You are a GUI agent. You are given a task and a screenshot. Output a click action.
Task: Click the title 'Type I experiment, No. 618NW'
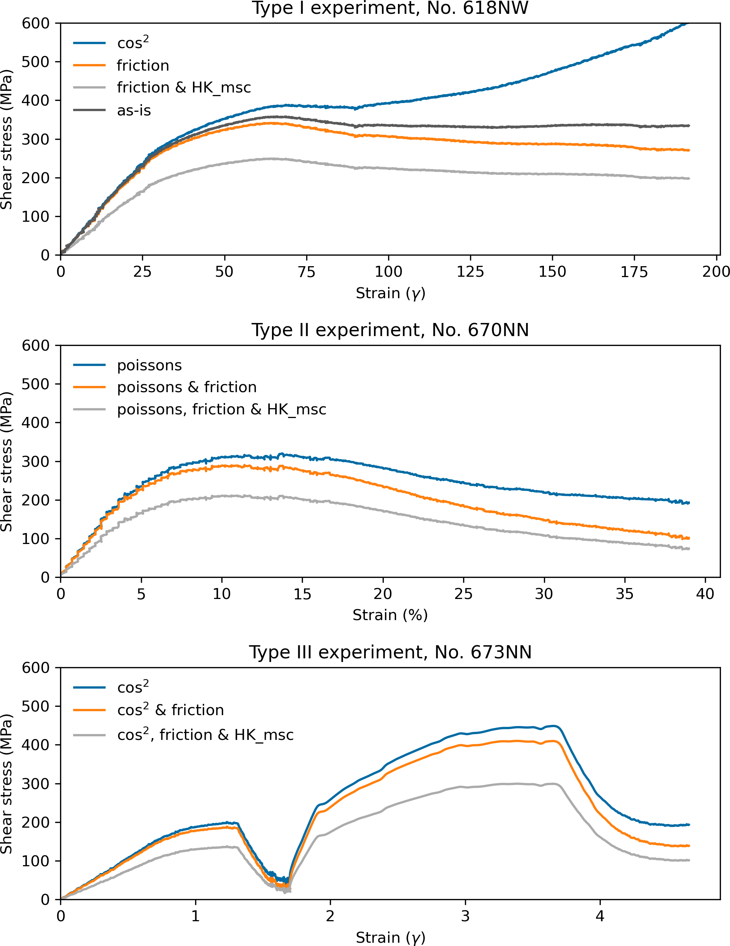(x=390, y=8)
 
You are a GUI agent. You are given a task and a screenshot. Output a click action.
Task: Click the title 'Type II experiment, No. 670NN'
(x=390, y=330)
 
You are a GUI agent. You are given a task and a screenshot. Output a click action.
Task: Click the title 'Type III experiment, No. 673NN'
(x=390, y=652)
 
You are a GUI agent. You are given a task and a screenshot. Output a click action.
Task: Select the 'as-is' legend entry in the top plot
(x=134, y=110)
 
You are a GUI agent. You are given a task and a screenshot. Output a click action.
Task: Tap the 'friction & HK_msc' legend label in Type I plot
(x=184, y=87)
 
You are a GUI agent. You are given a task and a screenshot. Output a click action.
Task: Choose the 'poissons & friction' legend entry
(x=187, y=387)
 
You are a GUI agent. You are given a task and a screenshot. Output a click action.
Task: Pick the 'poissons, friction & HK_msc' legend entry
(x=221, y=409)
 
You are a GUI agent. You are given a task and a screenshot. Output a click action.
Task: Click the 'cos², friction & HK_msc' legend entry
(x=205, y=735)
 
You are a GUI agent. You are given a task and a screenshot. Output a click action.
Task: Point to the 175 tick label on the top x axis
(x=634, y=272)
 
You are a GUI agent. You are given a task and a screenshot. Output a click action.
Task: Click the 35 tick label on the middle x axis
(x=624, y=594)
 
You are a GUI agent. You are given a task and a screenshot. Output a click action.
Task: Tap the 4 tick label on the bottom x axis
(x=600, y=916)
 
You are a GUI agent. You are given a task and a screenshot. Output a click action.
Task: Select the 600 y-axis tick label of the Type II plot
(x=36, y=345)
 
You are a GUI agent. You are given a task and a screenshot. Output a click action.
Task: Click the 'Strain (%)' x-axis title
(x=390, y=615)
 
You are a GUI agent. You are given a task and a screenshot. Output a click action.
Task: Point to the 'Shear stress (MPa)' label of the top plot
(x=7, y=139)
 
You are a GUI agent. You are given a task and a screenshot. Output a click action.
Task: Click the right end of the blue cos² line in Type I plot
(x=688, y=23)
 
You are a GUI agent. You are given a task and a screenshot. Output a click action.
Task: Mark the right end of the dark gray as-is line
(x=689, y=126)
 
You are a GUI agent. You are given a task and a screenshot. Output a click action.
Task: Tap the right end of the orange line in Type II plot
(x=689, y=538)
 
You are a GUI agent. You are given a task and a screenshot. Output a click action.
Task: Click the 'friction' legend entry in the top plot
(x=143, y=66)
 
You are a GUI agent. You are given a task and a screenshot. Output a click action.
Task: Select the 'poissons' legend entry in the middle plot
(x=150, y=365)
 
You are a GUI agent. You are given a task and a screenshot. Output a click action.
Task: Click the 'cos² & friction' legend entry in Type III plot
(x=170, y=710)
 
